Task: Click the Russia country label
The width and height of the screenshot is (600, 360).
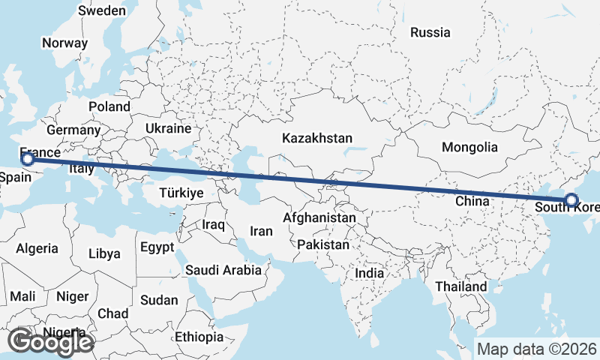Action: pos(430,32)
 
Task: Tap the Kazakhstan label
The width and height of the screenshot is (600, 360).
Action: pos(317,138)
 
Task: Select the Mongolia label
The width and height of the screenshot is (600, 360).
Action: pos(469,147)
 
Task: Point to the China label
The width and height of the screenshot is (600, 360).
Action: pos(472,201)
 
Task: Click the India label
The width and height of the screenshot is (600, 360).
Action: pos(370,273)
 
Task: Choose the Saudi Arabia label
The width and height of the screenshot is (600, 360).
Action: pos(223,270)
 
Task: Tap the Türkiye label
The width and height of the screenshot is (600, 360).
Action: pos(181,193)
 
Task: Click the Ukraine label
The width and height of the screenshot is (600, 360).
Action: pos(169,128)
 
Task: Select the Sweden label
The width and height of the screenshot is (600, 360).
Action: pos(102,10)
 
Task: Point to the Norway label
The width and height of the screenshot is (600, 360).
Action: pos(64,43)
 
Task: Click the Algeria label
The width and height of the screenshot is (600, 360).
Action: pos(37,248)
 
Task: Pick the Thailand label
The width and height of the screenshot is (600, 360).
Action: pos(460,286)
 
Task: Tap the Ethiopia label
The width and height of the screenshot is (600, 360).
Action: pos(199,337)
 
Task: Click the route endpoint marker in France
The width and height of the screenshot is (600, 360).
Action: pos(28,159)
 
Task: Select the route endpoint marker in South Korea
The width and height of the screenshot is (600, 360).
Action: pos(571,200)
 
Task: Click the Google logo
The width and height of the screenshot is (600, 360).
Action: pos(51,342)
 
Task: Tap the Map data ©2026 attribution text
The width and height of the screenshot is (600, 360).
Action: pos(537,349)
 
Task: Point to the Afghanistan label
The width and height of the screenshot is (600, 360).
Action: pos(319,217)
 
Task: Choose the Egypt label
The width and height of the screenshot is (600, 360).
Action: pos(157,247)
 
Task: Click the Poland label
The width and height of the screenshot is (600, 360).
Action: pos(109,106)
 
